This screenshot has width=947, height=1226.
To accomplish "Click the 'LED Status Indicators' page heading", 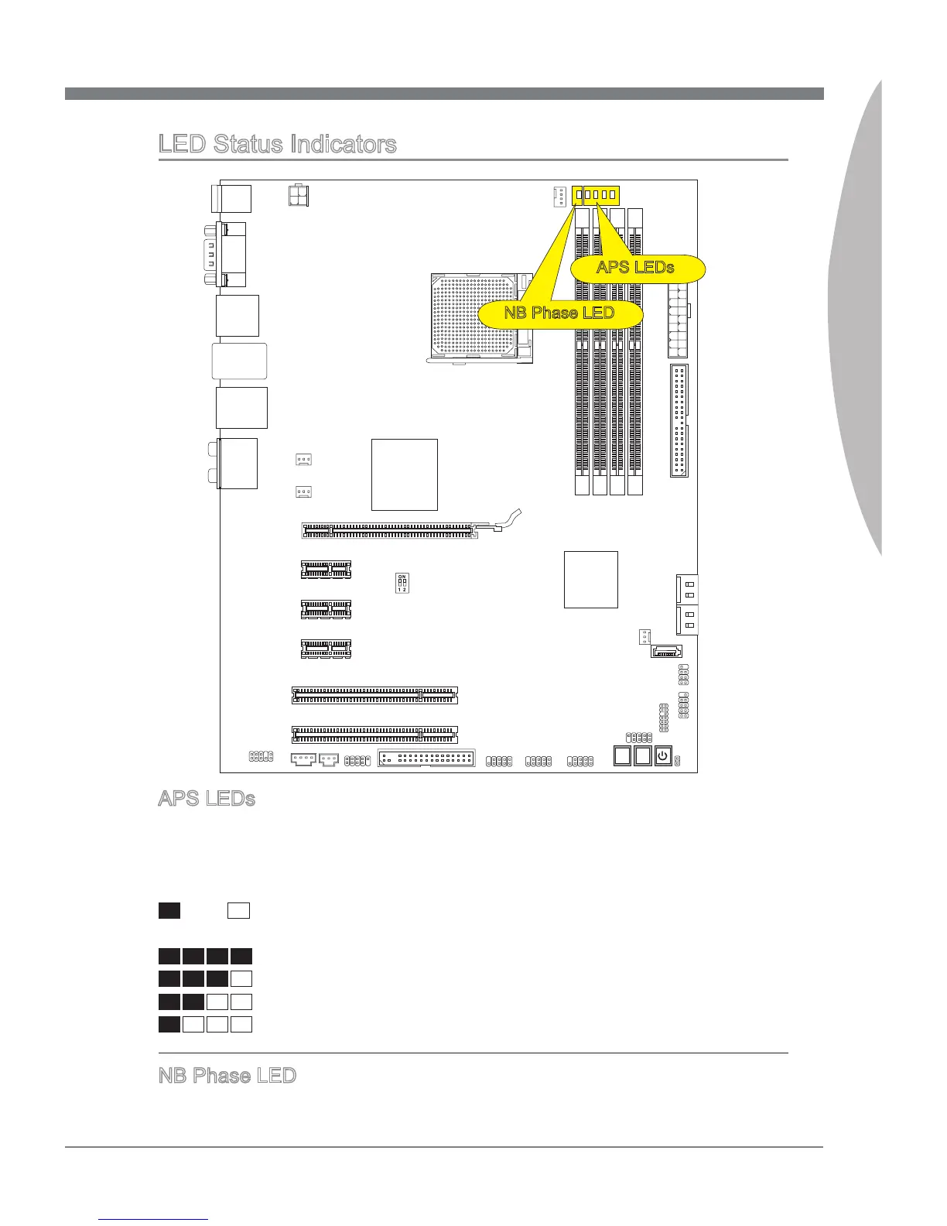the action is click(x=277, y=144).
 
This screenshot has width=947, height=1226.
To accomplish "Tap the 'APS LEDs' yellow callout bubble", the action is click(x=636, y=268).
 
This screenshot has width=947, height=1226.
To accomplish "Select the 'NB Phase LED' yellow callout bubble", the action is click(x=559, y=313).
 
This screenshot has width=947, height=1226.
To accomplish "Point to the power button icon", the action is click(x=663, y=755).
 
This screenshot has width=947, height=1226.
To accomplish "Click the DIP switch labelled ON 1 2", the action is click(x=402, y=583).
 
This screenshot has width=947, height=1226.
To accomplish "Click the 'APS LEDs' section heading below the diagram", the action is click(x=207, y=799).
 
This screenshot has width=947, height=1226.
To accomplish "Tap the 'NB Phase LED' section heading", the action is click(x=227, y=1076).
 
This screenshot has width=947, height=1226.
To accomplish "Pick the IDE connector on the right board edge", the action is click(x=679, y=420).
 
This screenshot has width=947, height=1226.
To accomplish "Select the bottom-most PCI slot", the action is click(x=374, y=734).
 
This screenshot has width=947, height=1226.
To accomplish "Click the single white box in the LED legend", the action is click(x=238, y=910).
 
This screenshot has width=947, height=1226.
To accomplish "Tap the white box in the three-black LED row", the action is click(x=241, y=979).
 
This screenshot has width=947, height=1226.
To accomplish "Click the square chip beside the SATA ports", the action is click(x=590, y=579).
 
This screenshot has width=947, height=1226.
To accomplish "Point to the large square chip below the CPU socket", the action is click(x=404, y=474).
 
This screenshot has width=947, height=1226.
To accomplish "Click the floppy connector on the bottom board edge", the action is click(x=426, y=758).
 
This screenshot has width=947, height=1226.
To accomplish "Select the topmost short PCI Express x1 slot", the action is click(x=326, y=569).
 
